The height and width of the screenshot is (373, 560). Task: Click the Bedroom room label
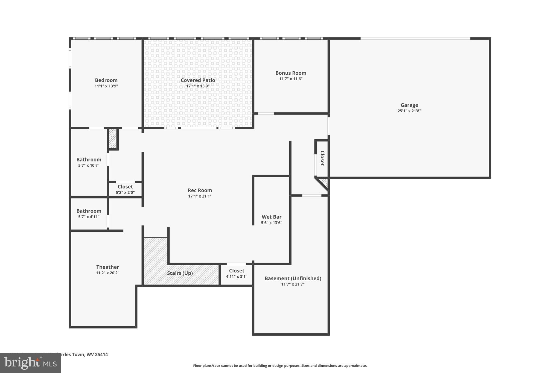pos(106,80)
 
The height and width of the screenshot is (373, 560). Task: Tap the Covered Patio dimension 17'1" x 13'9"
pos(198,86)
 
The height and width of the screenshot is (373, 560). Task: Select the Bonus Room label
pos(291,73)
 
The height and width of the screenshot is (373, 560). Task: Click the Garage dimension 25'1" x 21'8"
pos(409,111)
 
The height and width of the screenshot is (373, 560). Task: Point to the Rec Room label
pos(200,190)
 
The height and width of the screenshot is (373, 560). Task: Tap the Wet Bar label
pos(271,217)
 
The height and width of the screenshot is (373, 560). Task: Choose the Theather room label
pos(107,267)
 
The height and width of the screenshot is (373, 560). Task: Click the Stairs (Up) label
pos(180,273)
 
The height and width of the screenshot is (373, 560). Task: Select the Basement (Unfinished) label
pos(293,278)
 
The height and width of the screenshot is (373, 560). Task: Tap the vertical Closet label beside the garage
pos(322,158)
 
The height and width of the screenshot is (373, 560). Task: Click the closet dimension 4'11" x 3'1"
pos(237,277)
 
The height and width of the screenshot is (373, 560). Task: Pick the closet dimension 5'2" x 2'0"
pos(125,193)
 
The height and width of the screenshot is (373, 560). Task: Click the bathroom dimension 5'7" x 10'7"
pos(89,166)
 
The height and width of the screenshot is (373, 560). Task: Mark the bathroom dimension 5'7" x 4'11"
pos(89,217)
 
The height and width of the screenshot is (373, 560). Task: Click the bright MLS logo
pos(30,363)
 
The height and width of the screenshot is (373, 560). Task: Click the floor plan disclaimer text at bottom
pos(280,366)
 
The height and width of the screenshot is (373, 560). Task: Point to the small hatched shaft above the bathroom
pos(113,139)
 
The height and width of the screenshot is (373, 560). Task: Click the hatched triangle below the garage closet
pos(324,182)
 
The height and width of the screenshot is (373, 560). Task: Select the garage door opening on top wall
pos(415,39)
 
